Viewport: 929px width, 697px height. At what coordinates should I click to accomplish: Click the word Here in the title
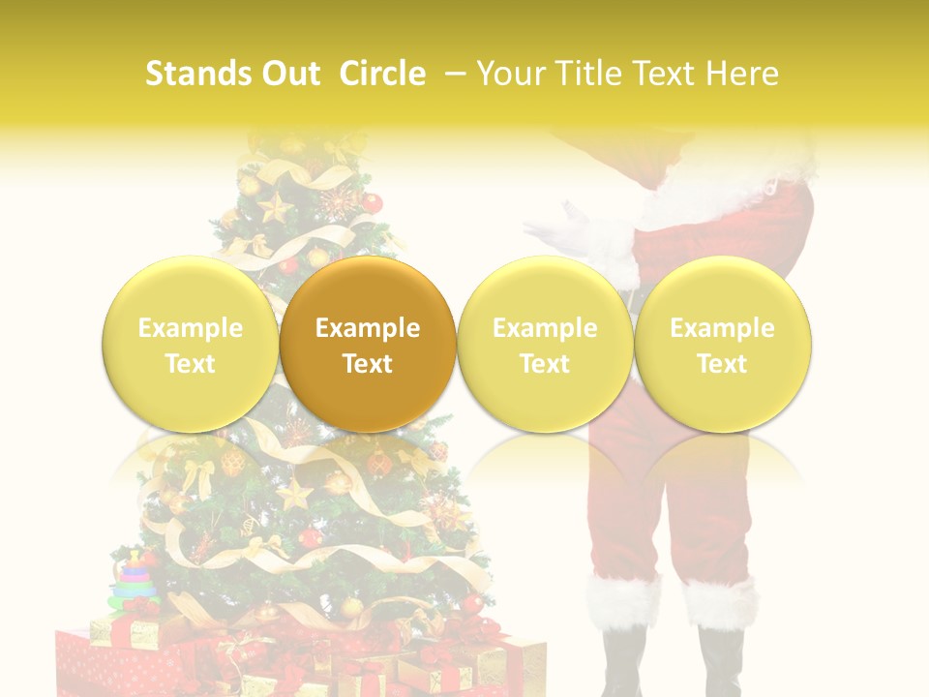click(x=742, y=74)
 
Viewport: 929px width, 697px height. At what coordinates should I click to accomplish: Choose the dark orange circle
click(x=368, y=344)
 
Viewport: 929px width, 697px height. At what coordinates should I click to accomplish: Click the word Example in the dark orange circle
click(x=368, y=328)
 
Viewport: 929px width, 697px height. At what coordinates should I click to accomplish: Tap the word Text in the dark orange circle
click(x=368, y=364)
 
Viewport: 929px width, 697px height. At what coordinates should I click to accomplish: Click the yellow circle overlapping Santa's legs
click(x=723, y=344)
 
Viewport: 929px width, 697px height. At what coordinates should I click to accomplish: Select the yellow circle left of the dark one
click(x=191, y=344)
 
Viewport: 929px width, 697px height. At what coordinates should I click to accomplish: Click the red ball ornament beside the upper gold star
click(x=372, y=203)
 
